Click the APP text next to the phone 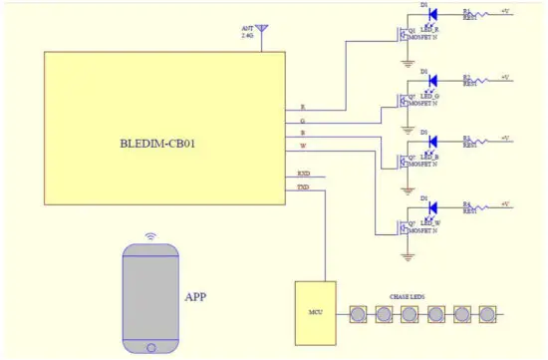coord(195,296)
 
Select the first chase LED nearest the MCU coord(358,314)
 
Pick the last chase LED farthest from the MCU coord(487,314)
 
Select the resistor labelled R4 coord(484,208)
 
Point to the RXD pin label coord(304,173)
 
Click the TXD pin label coord(304,186)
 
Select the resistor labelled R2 coord(484,79)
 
